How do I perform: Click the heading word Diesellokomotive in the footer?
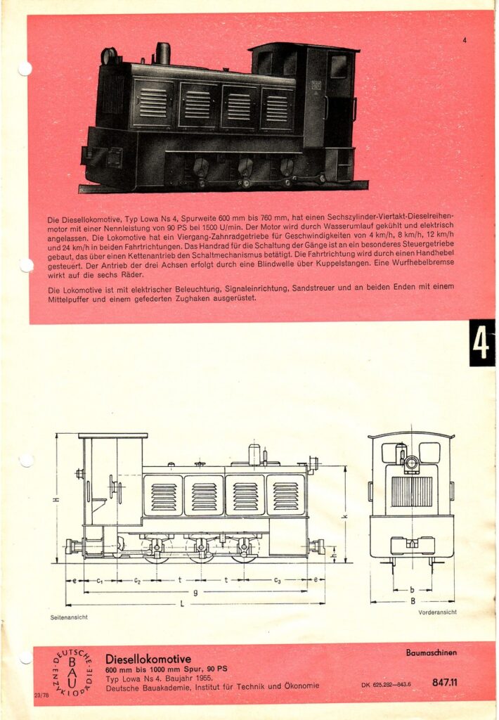pyautogui.click(x=148, y=659)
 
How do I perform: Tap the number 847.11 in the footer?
pyautogui.click(x=444, y=682)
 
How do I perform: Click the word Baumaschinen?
pyautogui.click(x=431, y=652)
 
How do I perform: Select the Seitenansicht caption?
pyautogui.click(x=69, y=617)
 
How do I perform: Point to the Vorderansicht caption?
pyautogui.click(x=437, y=612)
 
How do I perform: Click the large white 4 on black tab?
pyautogui.click(x=481, y=343)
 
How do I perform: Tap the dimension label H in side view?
pyautogui.click(x=56, y=499)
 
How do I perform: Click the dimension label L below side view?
pyautogui.click(x=182, y=604)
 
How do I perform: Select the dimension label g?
pyautogui.click(x=195, y=593)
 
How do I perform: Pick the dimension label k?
pyautogui.click(x=346, y=517)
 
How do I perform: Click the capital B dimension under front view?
pyautogui.click(x=413, y=600)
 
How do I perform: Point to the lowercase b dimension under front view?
pyautogui.click(x=413, y=589)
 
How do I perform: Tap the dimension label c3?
pyautogui.click(x=277, y=580)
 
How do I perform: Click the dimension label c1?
pyautogui.click(x=99, y=580)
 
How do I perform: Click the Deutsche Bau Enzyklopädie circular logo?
pyautogui.click(x=72, y=673)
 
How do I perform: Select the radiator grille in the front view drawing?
pyautogui.click(x=411, y=491)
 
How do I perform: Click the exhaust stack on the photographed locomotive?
pyautogui.click(x=163, y=53)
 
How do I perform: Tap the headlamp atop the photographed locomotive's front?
pyautogui.click(x=109, y=56)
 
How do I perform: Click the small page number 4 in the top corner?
pyautogui.click(x=464, y=40)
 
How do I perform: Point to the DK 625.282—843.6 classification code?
pyautogui.click(x=386, y=684)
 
